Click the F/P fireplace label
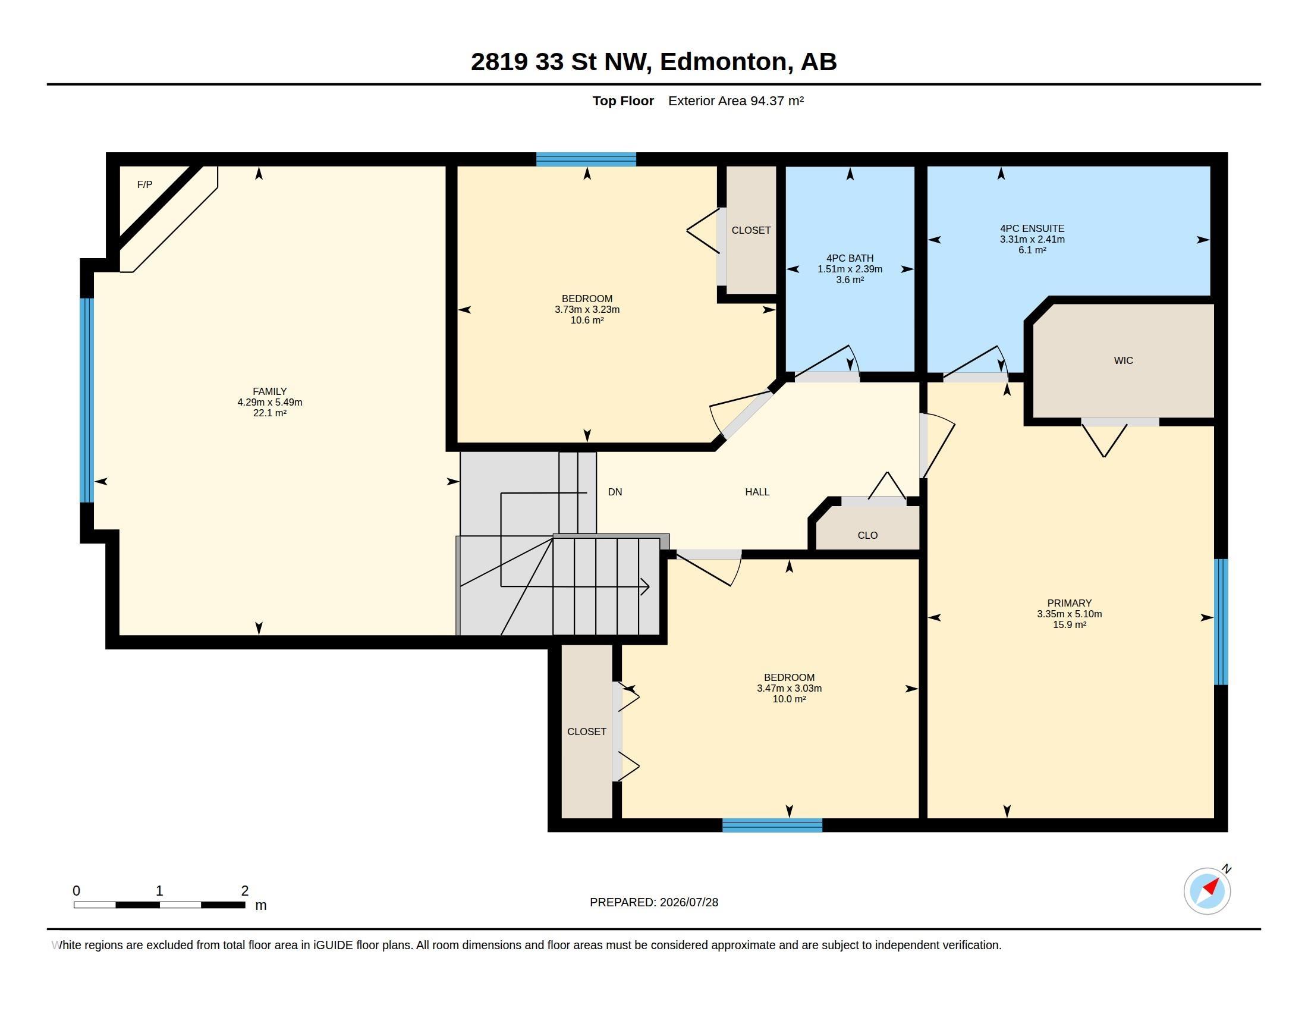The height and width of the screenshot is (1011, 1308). [x=144, y=184]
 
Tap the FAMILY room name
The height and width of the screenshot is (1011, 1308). [x=269, y=391]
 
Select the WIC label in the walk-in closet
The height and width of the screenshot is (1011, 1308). [x=1123, y=360]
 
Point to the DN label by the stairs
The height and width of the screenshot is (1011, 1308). [x=615, y=492]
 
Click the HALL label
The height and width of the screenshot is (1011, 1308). [x=757, y=492]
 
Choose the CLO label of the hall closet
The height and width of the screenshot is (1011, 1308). [x=867, y=535]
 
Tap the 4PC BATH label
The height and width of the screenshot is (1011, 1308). [x=850, y=258]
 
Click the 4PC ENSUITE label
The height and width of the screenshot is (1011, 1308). [x=1032, y=228]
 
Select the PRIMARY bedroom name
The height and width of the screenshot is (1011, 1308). [x=1069, y=603]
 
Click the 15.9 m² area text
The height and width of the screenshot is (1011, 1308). [x=1069, y=624]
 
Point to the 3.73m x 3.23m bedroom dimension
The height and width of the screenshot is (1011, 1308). [x=587, y=310]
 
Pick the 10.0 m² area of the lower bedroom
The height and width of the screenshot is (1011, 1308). [x=789, y=699]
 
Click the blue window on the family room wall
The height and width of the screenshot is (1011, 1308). [x=87, y=400]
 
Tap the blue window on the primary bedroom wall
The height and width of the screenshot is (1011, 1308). [x=1221, y=621]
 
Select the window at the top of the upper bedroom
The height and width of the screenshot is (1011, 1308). [x=586, y=159]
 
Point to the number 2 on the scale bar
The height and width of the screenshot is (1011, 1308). [x=245, y=891]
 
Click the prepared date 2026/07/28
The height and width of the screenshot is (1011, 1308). [x=688, y=902]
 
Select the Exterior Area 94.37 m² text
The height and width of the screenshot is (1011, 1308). [x=735, y=101]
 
